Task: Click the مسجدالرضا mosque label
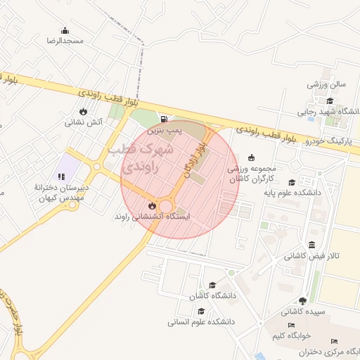pos(65,41)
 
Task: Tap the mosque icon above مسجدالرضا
pos(65,30)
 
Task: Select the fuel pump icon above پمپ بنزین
pos(165,119)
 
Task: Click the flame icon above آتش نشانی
pos(84,111)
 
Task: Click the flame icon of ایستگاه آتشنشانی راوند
pos(152,205)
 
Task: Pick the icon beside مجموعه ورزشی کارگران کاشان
pos(252,157)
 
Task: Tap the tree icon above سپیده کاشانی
pos(302,300)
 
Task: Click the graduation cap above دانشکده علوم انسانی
pos(200,311)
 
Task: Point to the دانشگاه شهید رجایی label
pos(324,112)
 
